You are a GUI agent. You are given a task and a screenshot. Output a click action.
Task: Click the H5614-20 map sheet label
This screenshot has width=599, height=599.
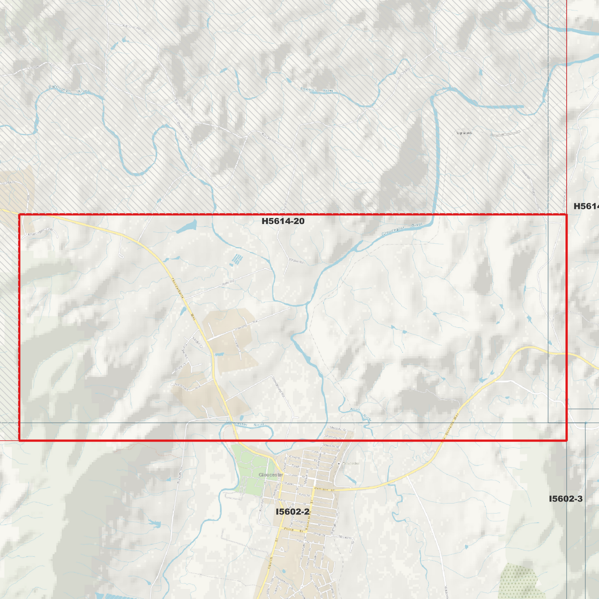point(283,221)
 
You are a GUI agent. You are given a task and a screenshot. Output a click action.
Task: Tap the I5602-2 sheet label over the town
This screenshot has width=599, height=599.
point(293,512)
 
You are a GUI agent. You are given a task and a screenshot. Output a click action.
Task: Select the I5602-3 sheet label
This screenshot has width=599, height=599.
point(565,499)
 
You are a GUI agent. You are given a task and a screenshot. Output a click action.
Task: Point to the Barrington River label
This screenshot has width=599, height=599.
point(68,89)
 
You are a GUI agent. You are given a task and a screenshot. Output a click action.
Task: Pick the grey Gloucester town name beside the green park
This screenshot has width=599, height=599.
point(271,475)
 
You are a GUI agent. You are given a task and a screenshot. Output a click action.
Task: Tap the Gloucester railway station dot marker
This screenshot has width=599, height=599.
point(339,463)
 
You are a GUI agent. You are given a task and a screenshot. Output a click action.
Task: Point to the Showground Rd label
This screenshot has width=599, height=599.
point(279,386)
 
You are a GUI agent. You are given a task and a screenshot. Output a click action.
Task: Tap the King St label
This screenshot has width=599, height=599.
point(305,495)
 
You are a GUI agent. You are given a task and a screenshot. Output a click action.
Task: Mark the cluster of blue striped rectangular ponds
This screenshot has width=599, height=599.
point(236,260)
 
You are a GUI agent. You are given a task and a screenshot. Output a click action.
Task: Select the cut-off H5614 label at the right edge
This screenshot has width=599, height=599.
point(586,206)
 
